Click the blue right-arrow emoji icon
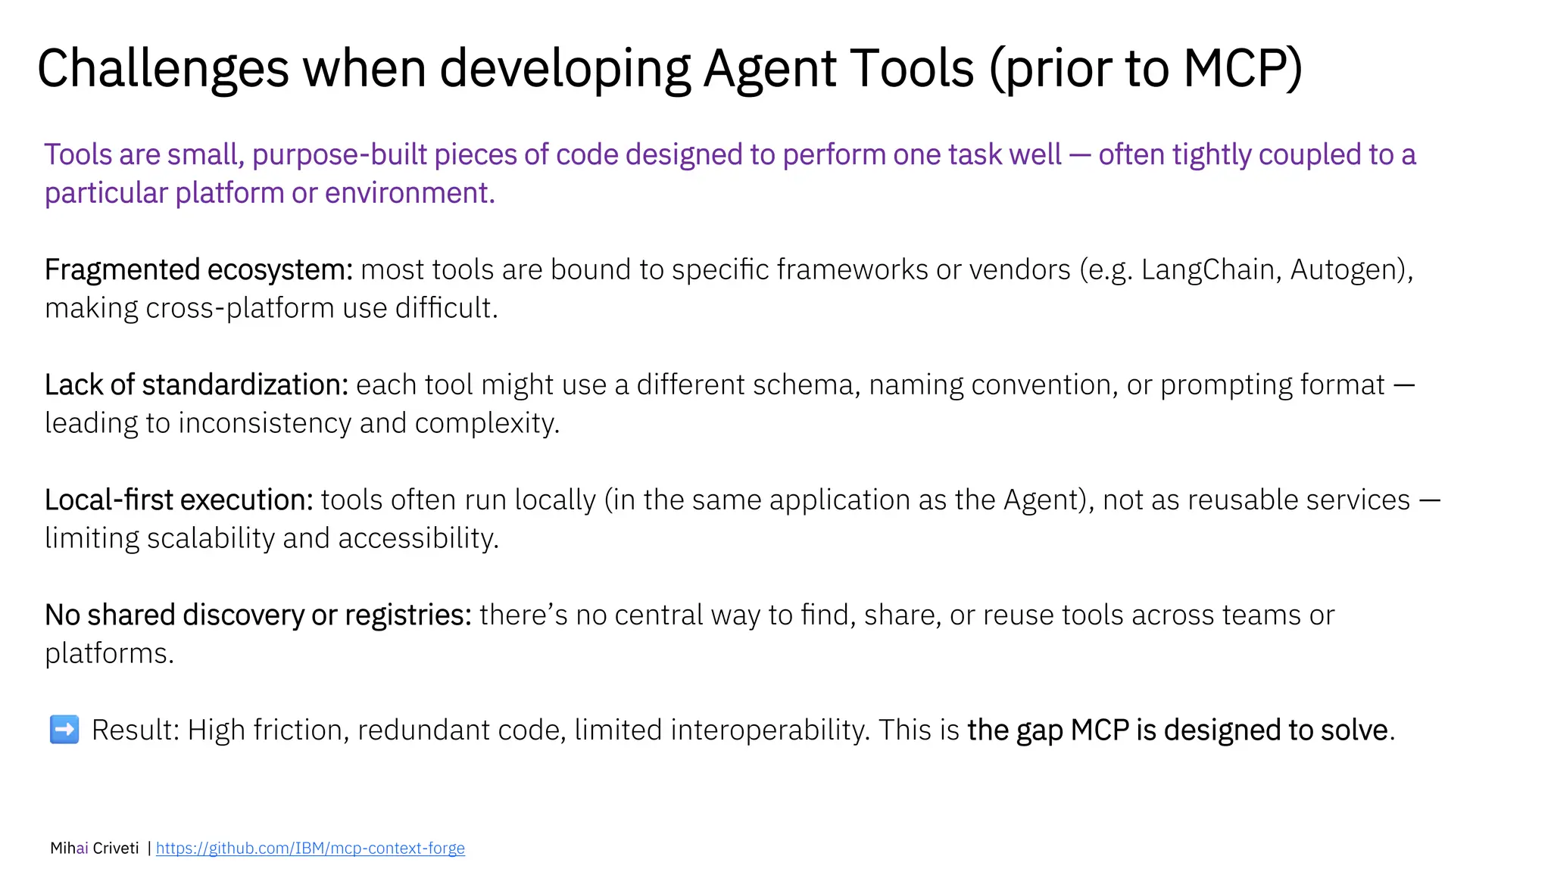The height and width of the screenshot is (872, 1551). coord(64,730)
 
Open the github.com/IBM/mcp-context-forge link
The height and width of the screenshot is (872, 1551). coord(310,848)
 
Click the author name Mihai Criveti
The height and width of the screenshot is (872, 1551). coord(94,848)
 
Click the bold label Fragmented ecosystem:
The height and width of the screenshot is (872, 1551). coord(198,270)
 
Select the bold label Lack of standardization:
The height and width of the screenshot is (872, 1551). coord(196,385)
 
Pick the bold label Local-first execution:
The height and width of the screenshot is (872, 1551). coord(179,500)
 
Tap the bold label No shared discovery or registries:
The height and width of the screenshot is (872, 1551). coord(258,615)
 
